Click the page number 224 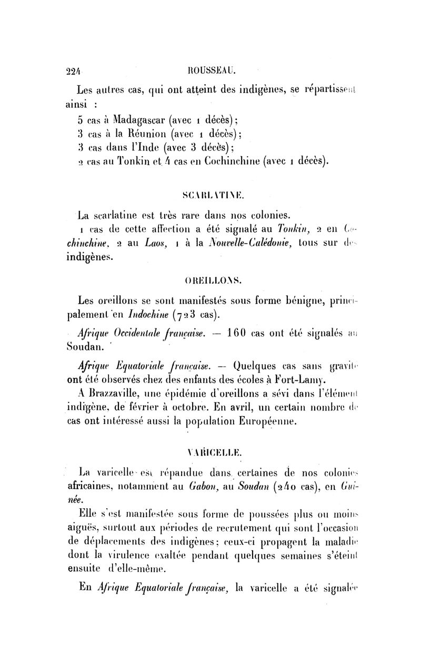tap(77, 68)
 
